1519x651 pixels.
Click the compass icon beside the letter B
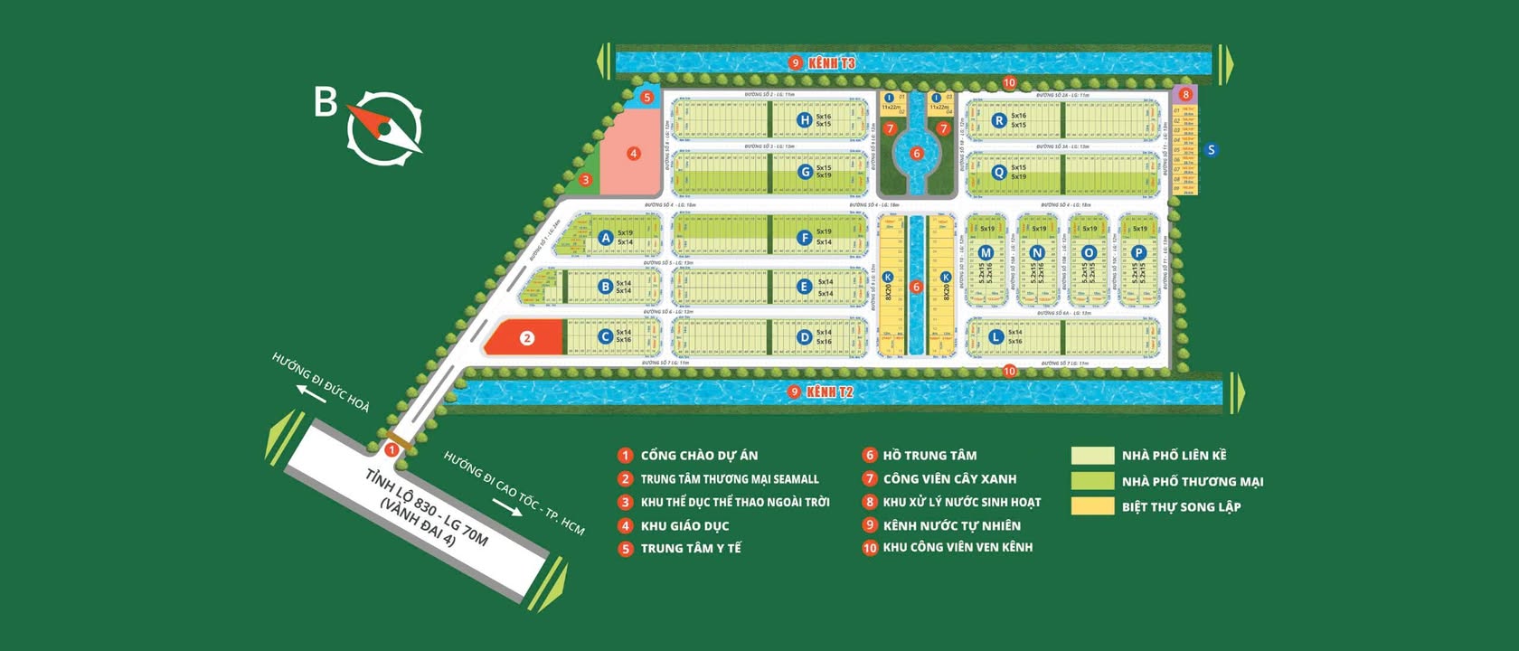click(x=384, y=127)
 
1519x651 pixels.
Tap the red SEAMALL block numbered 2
click(x=527, y=338)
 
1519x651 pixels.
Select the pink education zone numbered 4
click(x=634, y=154)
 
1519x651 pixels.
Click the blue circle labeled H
click(x=804, y=119)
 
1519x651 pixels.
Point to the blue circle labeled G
click(x=805, y=171)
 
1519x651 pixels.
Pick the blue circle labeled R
click(x=998, y=120)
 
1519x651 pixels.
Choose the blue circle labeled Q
click(x=998, y=172)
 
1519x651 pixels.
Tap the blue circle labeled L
click(x=995, y=336)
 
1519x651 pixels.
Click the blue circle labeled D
click(x=804, y=337)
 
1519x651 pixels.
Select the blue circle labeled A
click(x=606, y=238)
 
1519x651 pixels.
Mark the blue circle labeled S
click(x=1211, y=150)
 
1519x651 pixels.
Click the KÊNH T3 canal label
click(x=831, y=62)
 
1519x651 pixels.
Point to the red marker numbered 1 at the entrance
click(x=392, y=449)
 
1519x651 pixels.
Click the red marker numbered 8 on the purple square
click(x=1185, y=94)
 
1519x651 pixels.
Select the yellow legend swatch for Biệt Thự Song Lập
click(x=1091, y=506)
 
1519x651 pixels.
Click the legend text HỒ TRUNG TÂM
click(x=929, y=456)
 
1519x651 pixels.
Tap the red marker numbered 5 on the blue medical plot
click(x=646, y=98)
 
